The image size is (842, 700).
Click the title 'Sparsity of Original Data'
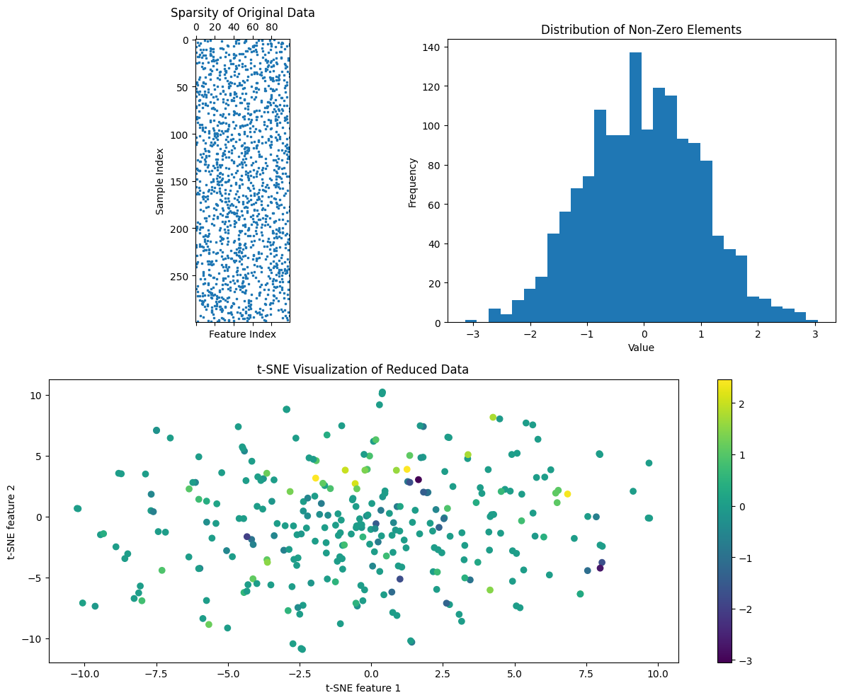243,13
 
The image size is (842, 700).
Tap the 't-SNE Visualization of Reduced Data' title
363,369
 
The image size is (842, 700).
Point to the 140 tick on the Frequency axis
433,48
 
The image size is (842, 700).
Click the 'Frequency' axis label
413,183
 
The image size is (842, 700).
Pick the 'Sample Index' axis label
160,181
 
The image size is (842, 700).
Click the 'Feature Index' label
242,334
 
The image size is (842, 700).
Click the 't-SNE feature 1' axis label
363,687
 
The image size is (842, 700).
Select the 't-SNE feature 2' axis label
13,521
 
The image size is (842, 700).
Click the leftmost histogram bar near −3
470,321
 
